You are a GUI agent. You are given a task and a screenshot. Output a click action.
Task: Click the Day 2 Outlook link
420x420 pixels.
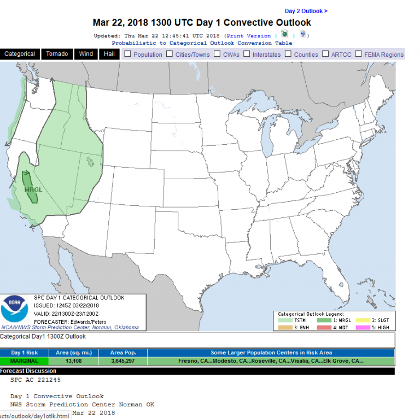click(x=306, y=11)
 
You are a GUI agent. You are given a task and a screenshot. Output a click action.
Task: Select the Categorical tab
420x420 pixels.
click(x=20, y=54)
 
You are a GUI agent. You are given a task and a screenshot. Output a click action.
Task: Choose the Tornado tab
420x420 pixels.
click(x=57, y=54)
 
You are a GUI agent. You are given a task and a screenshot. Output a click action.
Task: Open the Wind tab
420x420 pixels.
click(x=86, y=54)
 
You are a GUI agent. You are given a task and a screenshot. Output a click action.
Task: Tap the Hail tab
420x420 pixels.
click(x=109, y=54)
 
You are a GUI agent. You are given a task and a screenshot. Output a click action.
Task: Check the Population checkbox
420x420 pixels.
click(x=127, y=54)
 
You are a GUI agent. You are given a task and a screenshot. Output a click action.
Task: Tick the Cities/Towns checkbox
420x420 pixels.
click(x=170, y=54)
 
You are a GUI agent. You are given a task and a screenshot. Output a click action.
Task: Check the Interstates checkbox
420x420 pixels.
click(x=247, y=54)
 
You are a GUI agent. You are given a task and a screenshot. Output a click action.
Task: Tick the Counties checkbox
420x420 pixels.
click(x=288, y=54)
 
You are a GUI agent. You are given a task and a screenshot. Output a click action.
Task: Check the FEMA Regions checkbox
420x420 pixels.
click(x=359, y=54)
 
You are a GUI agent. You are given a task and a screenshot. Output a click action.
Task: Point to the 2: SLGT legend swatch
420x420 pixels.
click(x=361, y=321)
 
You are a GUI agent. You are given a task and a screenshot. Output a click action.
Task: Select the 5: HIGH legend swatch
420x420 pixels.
click(x=361, y=327)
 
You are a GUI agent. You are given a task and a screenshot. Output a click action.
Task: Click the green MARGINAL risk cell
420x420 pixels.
click(x=25, y=361)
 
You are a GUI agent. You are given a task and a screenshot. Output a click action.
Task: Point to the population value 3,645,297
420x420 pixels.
click(x=123, y=361)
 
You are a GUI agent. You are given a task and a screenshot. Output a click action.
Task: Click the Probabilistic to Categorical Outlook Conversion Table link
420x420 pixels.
click(x=202, y=43)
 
